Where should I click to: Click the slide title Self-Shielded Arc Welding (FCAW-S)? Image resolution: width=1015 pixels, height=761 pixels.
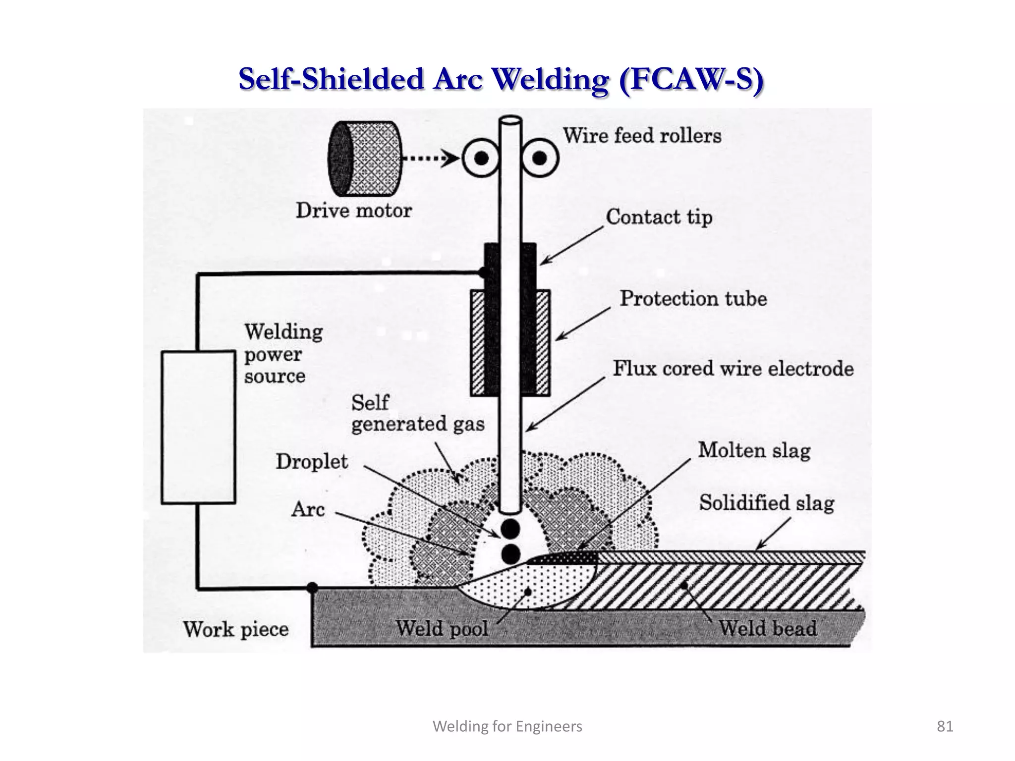[501, 79]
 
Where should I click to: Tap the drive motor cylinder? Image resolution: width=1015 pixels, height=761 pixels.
[365, 159]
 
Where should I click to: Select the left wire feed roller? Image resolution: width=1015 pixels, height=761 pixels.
[481, 159]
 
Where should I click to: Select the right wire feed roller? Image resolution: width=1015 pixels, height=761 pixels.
[540, 159]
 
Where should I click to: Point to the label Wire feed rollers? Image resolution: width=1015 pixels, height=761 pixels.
[642, 136]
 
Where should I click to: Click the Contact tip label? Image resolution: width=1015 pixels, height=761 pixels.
[659, 217]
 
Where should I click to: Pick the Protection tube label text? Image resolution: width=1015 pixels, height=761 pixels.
[693, 299]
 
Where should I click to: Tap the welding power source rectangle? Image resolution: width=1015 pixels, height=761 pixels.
[198, 427]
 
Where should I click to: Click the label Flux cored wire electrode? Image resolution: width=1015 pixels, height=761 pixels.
[733, 369]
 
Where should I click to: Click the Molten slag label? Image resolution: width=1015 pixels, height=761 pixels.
[754, 450]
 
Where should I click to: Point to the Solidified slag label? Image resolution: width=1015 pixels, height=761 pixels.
[766, 503]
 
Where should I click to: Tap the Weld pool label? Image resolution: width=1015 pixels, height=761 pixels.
[442, 629]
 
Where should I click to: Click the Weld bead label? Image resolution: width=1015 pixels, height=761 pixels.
[768, 628]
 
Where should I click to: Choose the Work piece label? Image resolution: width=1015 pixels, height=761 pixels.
[236, 630]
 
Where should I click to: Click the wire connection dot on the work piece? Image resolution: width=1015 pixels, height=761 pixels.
[312, 588]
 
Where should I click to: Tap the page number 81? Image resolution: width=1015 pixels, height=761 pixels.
[945, 726]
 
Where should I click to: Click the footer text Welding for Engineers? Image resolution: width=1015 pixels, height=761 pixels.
[507, 726]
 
